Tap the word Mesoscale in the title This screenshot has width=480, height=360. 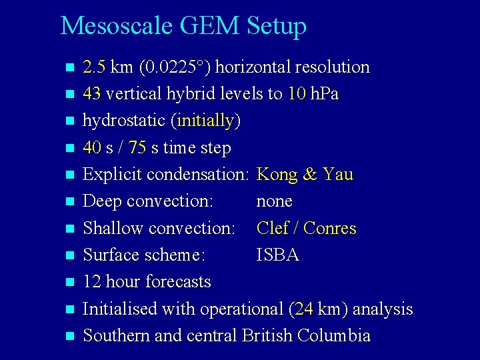(x=116, y=26)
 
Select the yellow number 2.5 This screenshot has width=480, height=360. (x=95, y=67)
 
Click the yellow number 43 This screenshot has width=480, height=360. (x=91, y=94)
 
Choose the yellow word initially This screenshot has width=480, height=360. (x=206, y=121)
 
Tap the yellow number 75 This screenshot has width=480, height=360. (x=137, y=148)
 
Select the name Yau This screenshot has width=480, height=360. (x=337, y=175)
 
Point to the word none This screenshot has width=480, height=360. (x=275, y=201)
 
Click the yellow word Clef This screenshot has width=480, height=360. (x=272, y=229)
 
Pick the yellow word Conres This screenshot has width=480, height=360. (x=330, y=229)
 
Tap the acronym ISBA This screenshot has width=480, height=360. (x=278, y=255)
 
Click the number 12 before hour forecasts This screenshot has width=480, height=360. (x=91, y=282)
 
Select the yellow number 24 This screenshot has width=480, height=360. (x=303, y=309)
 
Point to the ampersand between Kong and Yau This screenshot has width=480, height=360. (x=309, y=175)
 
